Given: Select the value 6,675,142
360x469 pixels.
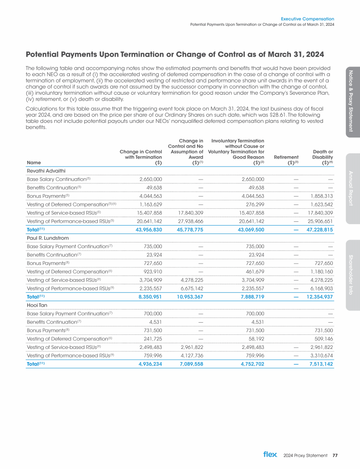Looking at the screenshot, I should [x=188, y=287].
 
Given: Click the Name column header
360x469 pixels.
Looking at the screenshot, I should [x=33, y=163].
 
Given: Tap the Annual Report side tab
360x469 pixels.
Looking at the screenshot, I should [x=352, y=188].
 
